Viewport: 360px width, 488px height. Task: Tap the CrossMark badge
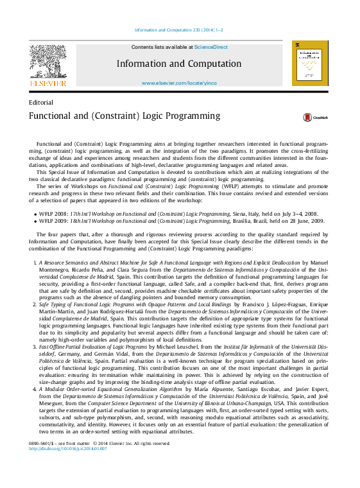pos(316,118)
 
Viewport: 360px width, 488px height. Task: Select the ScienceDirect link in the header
pos(211,47)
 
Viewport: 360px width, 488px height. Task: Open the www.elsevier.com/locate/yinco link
pos(179,83)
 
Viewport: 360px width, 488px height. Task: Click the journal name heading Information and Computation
pos(179,64)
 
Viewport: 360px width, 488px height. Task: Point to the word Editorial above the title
pos(41,102)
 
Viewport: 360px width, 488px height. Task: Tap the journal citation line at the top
pos(179,30)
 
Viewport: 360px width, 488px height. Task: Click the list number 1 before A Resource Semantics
pos(35,263)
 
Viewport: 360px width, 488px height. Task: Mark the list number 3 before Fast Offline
pos(35,346)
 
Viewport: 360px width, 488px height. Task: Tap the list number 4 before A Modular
pos(35,389)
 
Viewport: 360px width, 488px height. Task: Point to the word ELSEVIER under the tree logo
pos(47,83)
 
